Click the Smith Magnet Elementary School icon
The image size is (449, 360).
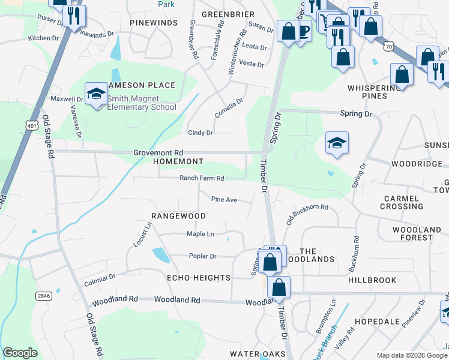point(96,94)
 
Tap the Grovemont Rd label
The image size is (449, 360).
point(158,153)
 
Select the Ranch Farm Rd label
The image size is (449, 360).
point(202,178)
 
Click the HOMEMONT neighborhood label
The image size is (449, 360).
point(178,162)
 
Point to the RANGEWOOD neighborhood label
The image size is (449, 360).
point(178,216)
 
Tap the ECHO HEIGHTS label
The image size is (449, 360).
point(198,278)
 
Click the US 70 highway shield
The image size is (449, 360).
point(390,46)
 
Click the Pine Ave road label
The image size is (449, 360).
point(223,199)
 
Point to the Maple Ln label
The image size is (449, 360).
point(200,234)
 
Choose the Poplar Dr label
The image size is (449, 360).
point(202,256)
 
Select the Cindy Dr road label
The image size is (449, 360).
point(200,133)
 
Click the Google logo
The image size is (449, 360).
point(20,352)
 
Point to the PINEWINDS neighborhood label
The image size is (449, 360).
point(154,23)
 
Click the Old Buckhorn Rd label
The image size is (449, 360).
point(307,214)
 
